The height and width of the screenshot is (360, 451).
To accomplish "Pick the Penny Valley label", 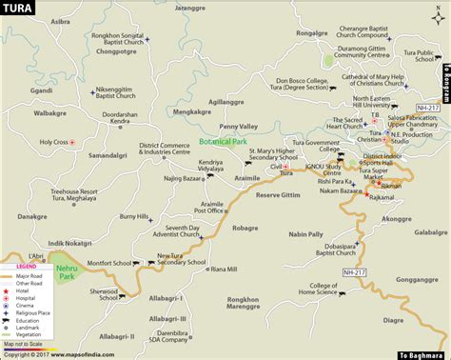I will point(238,126).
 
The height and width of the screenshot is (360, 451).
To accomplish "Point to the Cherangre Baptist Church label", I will point(368,31).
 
